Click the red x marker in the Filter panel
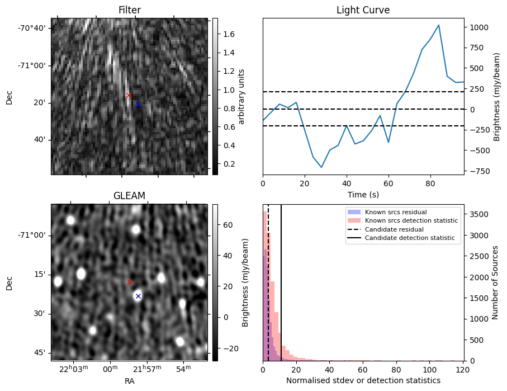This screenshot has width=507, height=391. [x=129, y=96]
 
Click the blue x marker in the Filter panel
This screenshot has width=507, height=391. [x=138, y=105]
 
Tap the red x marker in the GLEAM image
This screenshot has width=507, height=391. [x=130, y=282]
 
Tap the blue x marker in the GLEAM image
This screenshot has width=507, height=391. [x=138, y=296]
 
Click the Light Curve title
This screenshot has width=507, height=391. [x=363, y=10]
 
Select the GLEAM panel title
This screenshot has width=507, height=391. [x=129, y=196]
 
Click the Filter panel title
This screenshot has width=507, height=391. [x=129, y=10]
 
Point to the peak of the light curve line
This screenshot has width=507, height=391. [x=439, y=25]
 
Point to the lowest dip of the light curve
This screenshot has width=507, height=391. [x=321, y=167]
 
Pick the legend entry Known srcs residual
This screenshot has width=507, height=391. [x=395, y=213]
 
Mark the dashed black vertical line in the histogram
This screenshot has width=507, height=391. [x=268, y=291]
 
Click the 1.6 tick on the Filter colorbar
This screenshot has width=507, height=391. [x=228, y=34]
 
